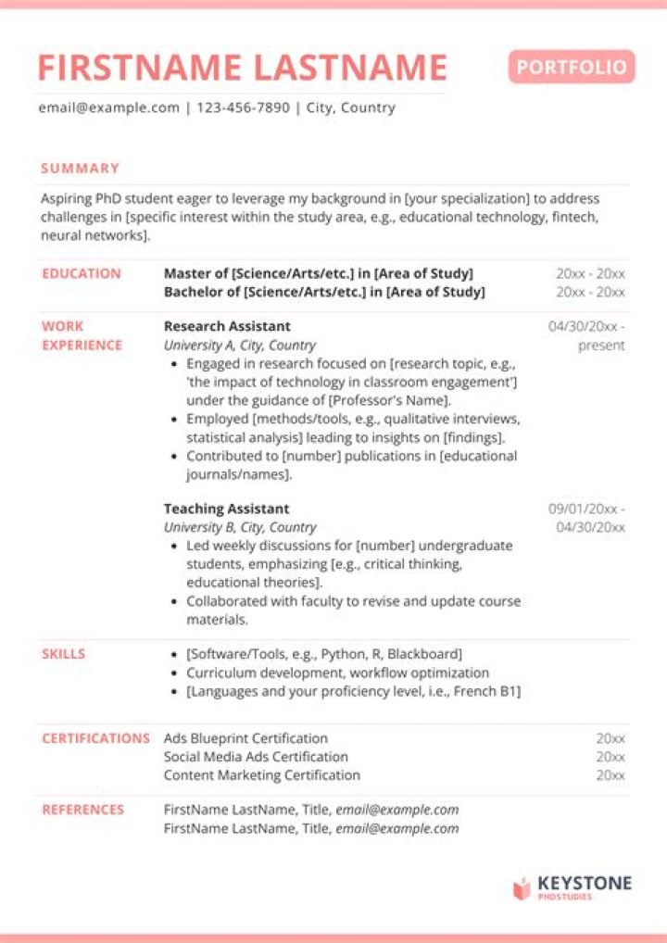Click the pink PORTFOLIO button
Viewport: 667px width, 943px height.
coord(572,67)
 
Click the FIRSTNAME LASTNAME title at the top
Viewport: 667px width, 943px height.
coord(242,68)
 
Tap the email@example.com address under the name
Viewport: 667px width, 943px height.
coord(108,107)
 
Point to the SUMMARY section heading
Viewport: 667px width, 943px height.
coord(80,169)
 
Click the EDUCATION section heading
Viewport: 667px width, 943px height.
coord(82,273)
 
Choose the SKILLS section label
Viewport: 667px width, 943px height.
coord(63,654)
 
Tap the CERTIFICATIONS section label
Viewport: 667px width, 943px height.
coord(95,738)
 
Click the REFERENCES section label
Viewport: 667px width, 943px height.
coord(82,810)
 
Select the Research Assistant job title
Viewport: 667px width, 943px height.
coord(227,326)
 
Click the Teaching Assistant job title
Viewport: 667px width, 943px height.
coord(226,509)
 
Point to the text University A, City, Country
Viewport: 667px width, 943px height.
coord(240,345)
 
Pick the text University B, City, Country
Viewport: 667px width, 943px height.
coord(240,527)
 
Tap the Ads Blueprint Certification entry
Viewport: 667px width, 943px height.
coord(245,738)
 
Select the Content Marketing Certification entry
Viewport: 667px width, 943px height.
coord(261,774)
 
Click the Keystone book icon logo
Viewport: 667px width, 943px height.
coord(522,888)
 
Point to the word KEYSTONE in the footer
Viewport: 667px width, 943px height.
coord(585,883)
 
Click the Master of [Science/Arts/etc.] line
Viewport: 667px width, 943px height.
coord(318,273)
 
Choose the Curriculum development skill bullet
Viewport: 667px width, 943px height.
coord(337,673)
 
